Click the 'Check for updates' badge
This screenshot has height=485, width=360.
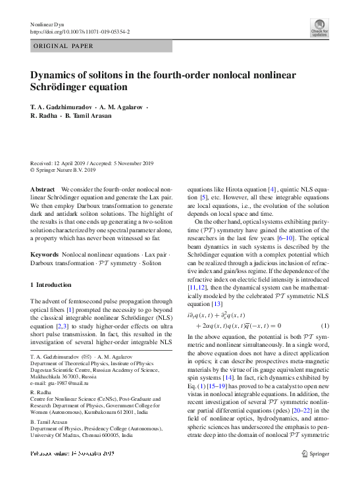[319, 28]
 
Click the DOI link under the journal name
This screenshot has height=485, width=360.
[81, 32]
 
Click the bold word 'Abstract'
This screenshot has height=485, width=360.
[43, 188]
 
